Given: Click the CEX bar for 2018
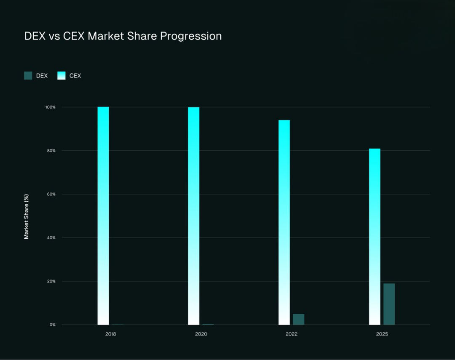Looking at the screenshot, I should point(103,216).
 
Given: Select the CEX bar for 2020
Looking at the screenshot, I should point(194,216).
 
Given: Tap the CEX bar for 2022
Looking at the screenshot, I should point(284,222).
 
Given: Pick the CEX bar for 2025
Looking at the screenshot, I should point(375,236).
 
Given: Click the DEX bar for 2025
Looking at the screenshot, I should point(389,304).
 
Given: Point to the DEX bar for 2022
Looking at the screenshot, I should point(299,319).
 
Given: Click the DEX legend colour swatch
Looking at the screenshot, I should point(28,76).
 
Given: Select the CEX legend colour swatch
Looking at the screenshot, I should point(62,76).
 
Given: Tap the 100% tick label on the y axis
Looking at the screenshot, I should point(50,107).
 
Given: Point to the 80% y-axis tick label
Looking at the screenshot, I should point(51,151).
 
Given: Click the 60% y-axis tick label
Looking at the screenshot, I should point(51,194).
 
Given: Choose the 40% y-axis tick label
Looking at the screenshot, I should point(51,238).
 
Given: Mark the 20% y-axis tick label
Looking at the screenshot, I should point(51,281).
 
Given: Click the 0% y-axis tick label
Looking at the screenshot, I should point(52,325).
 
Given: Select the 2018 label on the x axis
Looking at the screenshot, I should point(110,334).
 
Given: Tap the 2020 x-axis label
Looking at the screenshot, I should point(201,334).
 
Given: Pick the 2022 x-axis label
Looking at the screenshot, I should point(292,334).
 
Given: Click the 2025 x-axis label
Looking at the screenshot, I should point(382,334).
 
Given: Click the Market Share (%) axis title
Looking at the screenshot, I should point(27,216).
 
